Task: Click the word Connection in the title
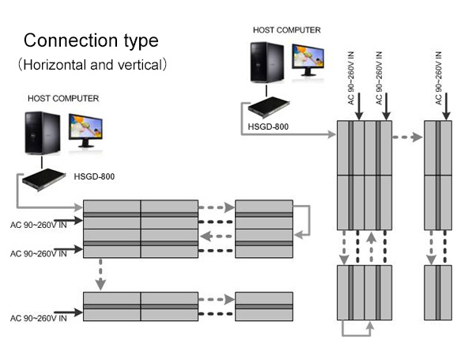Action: click(x=70, y=40)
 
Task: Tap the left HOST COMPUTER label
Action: click(x=63, y=99)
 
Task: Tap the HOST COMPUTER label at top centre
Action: click(x=286, y=30)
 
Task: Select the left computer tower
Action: click(x=42, y=133)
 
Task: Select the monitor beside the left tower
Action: click(x=86, y=131)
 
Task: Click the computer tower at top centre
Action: click(x=267, y=62)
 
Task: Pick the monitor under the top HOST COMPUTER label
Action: click(x=308, y=60)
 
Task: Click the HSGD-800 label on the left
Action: click(x=94, y=176)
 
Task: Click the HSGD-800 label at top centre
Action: click(x=268, y=127)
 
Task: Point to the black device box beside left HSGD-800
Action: click(x=43, y=180)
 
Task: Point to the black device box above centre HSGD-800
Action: click(x=269, y=107)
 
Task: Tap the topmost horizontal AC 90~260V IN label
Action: click(x=39, y=225)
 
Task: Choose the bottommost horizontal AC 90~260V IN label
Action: click(x=39, y=318)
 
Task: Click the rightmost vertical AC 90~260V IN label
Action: click(x=439, y=78)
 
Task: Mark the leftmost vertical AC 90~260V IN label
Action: click(x=351, y=78)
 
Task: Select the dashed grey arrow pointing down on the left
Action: click(x=100, y=274)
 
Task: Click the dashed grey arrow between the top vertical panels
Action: click(x=407, y=137)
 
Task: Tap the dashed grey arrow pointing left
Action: click(x=216, y=237)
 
